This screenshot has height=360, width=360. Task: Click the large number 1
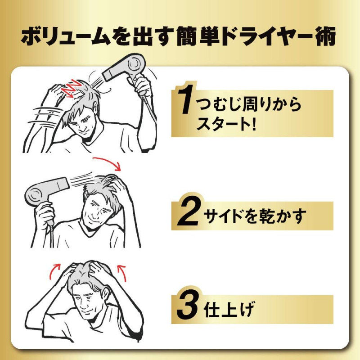point(185,99)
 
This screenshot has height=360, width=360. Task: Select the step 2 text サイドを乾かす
point(255,216)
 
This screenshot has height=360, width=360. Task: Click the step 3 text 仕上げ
point(229,309)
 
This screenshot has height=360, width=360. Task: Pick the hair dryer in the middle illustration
point(45,195)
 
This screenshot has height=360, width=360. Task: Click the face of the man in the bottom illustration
point(86,301)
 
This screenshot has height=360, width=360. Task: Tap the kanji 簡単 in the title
point(197,37)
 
